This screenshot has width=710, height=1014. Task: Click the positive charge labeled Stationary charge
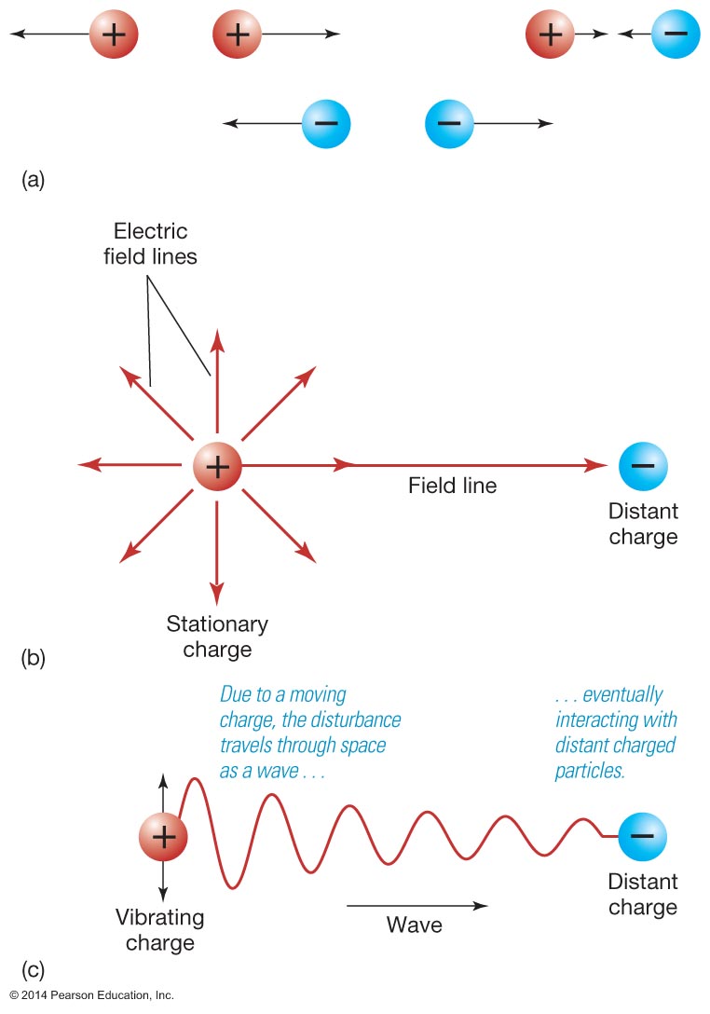(216, 465)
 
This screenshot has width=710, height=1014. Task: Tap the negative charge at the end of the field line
(643, 465)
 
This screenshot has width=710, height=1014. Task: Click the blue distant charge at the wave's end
(642, 835)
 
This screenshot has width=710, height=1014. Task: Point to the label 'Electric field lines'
(150, 244)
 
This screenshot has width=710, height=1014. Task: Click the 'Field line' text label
(452, 486)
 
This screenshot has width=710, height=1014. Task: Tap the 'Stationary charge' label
(217, 636)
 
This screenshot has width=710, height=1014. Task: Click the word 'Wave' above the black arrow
(415, 925)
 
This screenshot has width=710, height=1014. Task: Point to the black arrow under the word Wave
(416, 904)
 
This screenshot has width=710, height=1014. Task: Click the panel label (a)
(33, 180)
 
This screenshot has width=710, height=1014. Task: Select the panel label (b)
(33, 660)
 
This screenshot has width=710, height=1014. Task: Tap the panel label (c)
(33, 969)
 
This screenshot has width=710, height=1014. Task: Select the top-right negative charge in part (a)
(676, 34)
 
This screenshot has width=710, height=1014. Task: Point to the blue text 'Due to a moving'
(282, 694)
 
